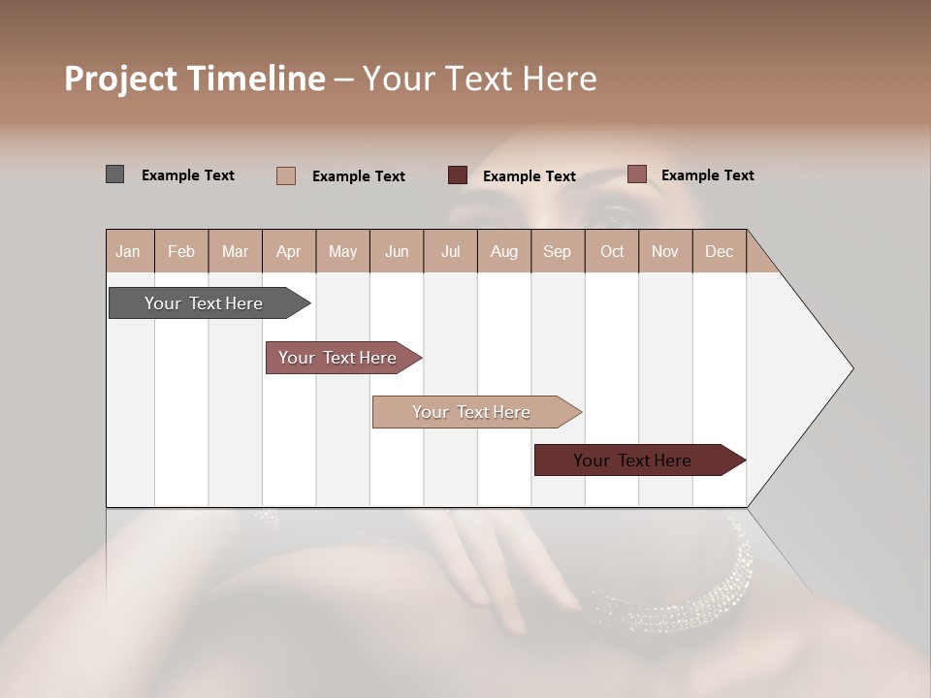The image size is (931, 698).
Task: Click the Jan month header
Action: pos(128,251)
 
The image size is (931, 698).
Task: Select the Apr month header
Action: pos(288,251)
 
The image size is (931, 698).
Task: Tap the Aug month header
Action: pos(503,251)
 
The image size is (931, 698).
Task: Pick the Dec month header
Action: pos(719,251)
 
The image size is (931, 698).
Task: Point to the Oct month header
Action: pos(611,251)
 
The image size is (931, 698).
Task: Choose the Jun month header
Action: pos(396,251)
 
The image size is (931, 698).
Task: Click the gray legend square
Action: pos(114,174)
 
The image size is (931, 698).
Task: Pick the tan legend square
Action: pos(285,175)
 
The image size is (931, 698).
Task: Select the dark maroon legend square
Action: pos(457,175)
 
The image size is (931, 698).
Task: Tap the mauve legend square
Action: pos(636,174)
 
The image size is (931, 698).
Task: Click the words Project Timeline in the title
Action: pos(194,79)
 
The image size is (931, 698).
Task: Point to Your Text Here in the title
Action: pos(479,79)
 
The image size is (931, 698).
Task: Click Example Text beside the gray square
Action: pos(188,175)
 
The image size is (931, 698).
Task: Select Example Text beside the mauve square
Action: pos(707,175)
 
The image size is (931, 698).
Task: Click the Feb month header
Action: pos(180,251)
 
